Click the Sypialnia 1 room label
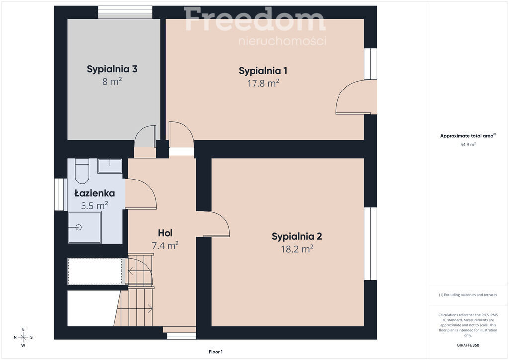[263, 71]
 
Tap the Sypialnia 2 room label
[297, 236]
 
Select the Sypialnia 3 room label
[112, 69]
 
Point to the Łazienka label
[94, 193]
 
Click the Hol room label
[165, 233]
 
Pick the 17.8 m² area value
[263, 83]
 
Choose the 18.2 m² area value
[297, 249]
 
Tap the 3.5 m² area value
[94, 206]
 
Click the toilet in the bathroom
[82, 171]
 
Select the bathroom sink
[110, 166]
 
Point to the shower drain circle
[78, 227]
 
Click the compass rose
[23, 337]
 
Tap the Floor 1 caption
[216, 352]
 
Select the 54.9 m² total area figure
[468, 145]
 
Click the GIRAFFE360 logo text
[468, 345]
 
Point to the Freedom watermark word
[254, 20]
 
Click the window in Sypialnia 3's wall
[125, 12]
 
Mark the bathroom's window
[61, 194]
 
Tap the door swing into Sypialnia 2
[213, 224]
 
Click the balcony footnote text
[468, 295]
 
